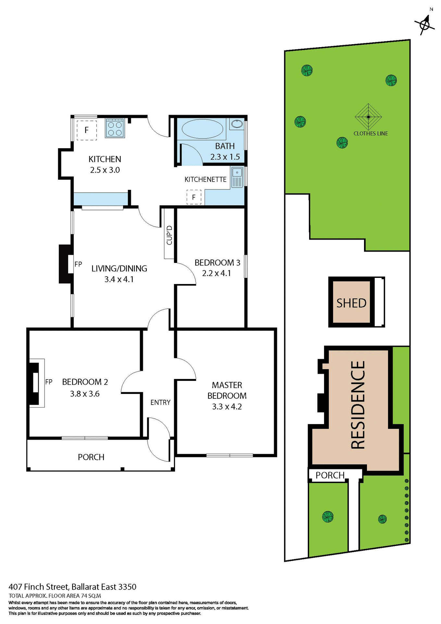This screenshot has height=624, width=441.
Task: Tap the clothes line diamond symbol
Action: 368,117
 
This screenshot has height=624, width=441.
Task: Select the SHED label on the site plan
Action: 351,303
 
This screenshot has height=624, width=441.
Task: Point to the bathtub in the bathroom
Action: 202,129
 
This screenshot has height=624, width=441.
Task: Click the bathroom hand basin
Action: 237,124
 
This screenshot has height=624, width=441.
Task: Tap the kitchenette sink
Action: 237,177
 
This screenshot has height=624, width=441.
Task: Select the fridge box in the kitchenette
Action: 194,197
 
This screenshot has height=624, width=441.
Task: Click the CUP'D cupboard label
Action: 169,235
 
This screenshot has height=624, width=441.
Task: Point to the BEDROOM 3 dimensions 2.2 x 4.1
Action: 217,273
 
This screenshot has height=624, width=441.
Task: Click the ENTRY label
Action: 160,402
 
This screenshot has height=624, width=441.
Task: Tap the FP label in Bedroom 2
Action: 49,382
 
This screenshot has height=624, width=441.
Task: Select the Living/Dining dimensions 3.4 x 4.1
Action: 119,279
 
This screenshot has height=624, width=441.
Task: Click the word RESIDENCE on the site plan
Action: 358,405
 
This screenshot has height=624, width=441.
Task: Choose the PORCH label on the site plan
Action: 330,475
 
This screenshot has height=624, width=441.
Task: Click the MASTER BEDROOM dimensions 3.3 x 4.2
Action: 227,407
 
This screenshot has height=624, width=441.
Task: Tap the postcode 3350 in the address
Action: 127,587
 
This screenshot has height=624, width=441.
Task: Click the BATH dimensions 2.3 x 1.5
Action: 225,157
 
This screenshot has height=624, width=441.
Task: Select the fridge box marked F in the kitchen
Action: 87,130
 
